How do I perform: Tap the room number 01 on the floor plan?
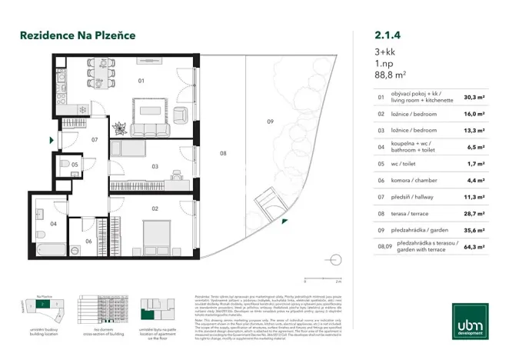coord(141,80)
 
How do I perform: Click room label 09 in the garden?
coord(270,122)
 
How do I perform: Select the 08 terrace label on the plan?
coord(223,154)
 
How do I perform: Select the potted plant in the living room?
coord(120,126)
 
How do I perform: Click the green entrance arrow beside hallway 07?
coord(52,141)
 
